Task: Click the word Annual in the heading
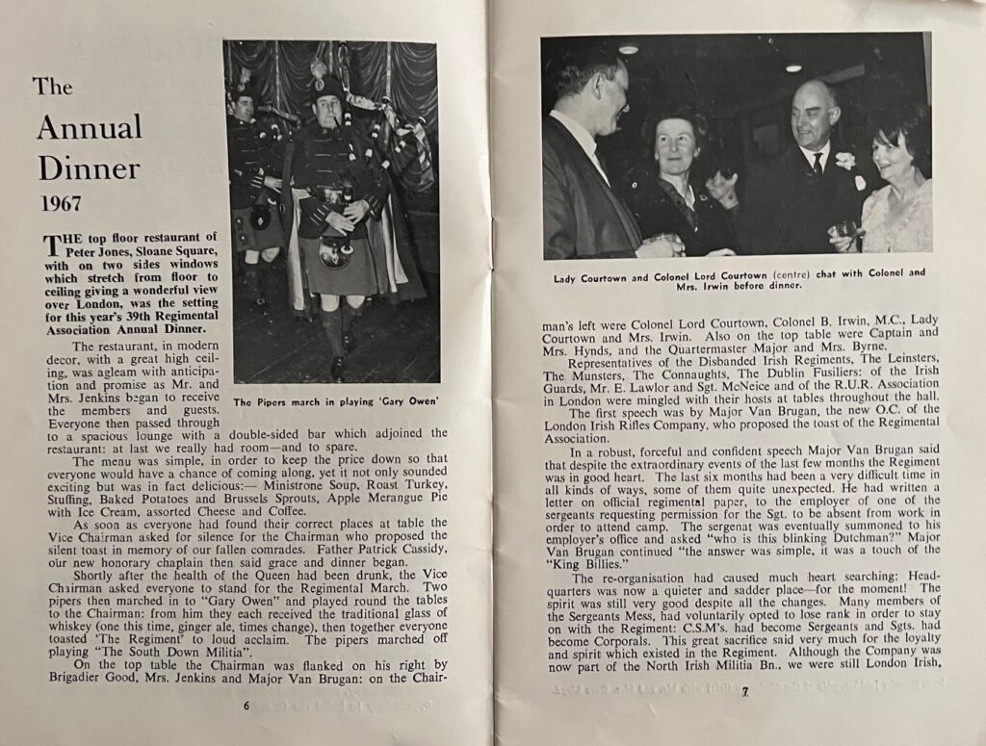point(90,127)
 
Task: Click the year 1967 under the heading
point(60,203)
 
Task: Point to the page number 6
point(246,705)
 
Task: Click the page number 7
point(744,691)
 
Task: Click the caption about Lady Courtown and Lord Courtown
point(739,278)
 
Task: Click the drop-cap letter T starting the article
point(51,244)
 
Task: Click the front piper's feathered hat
point(326,86)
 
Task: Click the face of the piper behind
point(245,107)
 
